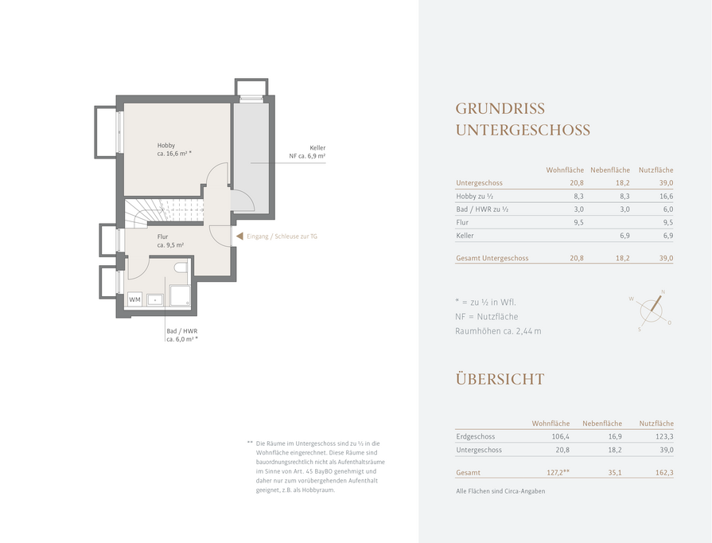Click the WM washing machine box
pos(135,299)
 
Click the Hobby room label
pos(174,150)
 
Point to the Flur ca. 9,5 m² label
pos(170,240)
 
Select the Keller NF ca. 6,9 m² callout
pos(307,152)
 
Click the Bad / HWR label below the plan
pos(182,335)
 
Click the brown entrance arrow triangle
pos(239,236)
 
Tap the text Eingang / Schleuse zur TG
pos(282,236)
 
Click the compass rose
pos(652,311)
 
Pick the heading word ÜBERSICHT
pos(500,379)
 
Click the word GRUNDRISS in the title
pos(500,108)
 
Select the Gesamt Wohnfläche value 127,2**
pos(558,473)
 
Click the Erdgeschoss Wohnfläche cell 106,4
pos(560,436)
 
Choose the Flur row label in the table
pos(462,222)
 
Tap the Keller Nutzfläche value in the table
pos(668,236)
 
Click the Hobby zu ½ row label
pos(474,197)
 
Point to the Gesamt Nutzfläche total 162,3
pos(664,473)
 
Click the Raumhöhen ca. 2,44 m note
pos(498,331)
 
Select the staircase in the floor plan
pos(164,211)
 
